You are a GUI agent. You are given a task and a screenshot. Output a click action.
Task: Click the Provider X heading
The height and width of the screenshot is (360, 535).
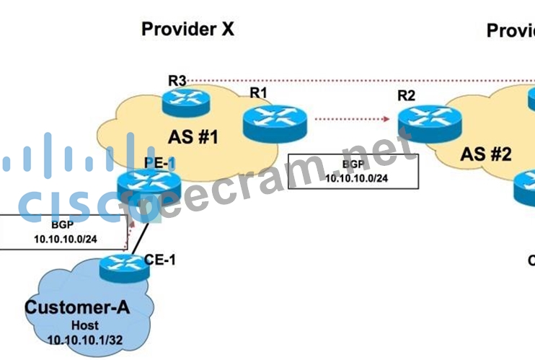187,29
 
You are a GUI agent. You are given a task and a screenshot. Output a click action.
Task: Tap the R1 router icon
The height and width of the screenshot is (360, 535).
274,120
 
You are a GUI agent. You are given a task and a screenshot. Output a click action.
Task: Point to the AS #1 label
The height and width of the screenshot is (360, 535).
193,137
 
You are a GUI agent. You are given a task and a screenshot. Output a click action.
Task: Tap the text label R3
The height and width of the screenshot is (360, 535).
177,79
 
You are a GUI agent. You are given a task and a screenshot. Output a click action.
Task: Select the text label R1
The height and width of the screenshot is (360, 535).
259,92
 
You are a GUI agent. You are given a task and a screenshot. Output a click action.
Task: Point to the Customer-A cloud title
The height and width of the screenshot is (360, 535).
77,308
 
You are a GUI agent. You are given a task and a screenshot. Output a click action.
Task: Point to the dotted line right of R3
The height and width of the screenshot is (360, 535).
361,80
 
